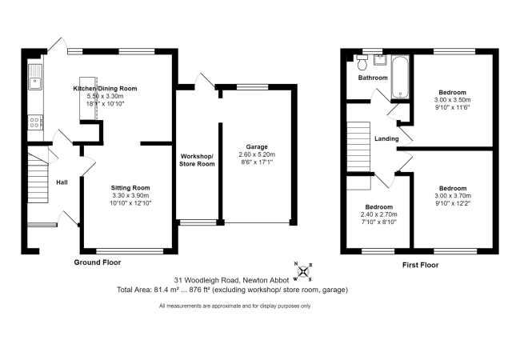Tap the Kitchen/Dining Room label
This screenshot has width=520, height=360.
(106, 88)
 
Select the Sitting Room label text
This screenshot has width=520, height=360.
(130, 187)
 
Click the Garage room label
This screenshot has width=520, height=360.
(257, 146)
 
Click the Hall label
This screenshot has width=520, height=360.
(62, 182)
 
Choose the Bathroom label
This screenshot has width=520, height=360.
(372, 78)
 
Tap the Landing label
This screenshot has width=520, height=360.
(386, 138)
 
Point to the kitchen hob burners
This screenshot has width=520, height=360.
(35, 122)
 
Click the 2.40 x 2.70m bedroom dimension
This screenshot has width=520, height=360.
(379, 215)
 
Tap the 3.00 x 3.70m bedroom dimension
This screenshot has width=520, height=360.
(447, 196)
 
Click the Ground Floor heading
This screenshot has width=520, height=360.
(99, 262)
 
